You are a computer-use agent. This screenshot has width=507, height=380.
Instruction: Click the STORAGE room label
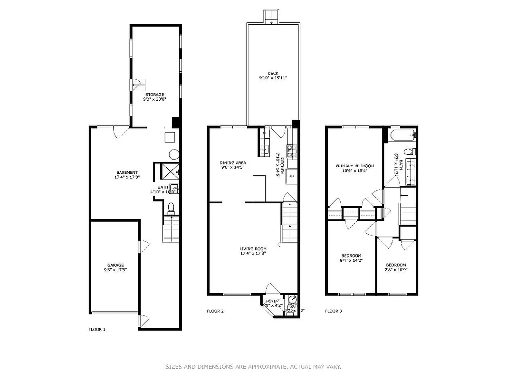(154, 95)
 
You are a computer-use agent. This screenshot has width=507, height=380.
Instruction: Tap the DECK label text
(273, 73)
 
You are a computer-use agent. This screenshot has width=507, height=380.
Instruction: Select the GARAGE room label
(115, 265)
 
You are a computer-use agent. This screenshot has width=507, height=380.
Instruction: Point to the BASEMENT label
(127, 172)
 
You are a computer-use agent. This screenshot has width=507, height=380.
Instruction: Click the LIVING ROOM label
(253, 248)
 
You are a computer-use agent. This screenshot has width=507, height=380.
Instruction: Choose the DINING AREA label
(232, 162)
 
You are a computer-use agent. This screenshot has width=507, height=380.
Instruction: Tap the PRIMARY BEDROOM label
(355, 166)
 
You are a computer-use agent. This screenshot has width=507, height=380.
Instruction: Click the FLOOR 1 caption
(97, 329)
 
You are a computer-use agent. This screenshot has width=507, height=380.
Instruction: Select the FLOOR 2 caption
(215, 311)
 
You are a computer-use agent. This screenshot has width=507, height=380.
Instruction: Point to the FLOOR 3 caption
(333, 311)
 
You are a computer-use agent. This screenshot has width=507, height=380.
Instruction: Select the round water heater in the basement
(174, 154)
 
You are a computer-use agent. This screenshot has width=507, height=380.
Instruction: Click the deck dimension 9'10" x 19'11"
(273, 78)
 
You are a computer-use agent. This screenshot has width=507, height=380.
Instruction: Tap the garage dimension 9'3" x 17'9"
(115, 270)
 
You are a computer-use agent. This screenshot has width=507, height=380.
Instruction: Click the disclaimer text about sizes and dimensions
(253, 366)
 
